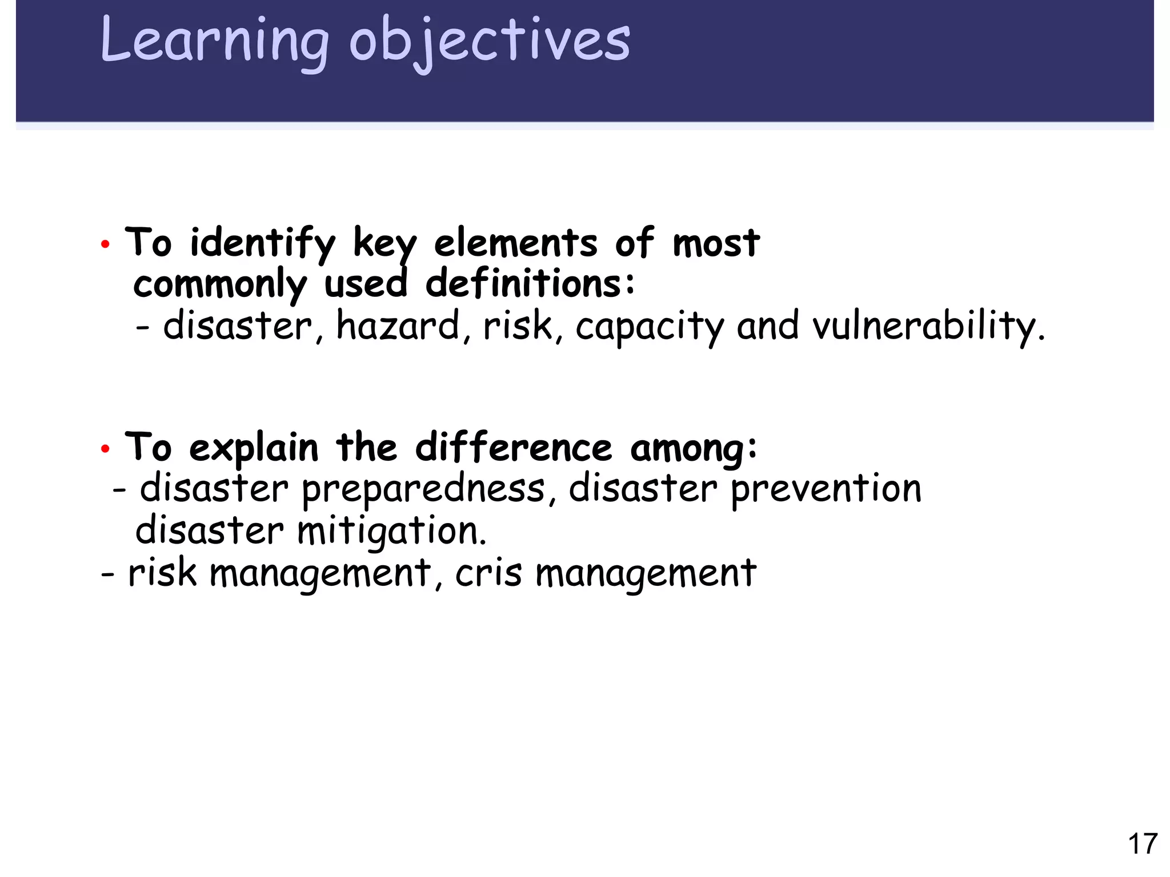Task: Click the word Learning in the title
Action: pyautogui.click(x=214, y=41)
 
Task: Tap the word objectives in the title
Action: pyautogui.click(x=489, y=41)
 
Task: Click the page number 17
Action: pyautogui.click(x=1142, y=844)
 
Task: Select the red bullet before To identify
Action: pyautogui.click(x=105, y=245)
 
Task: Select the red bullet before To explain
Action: pyautogui.click(x=105, y=449)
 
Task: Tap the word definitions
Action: pyautogui.click(x=530, y=284)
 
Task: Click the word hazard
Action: pyautogui.click(x=398, y=325)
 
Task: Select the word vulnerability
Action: pyautogui.click(x=928, y=326)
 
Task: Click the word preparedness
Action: pyautogui.click(x=423, y=490)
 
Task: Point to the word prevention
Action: pyautogui.click(x=826, y=490)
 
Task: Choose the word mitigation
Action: pyautogui.click(x=391, y=532)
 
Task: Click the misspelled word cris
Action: pyautogui.click(x=488, y=573)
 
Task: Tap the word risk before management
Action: pyautogui.click(x=162, y=573)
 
